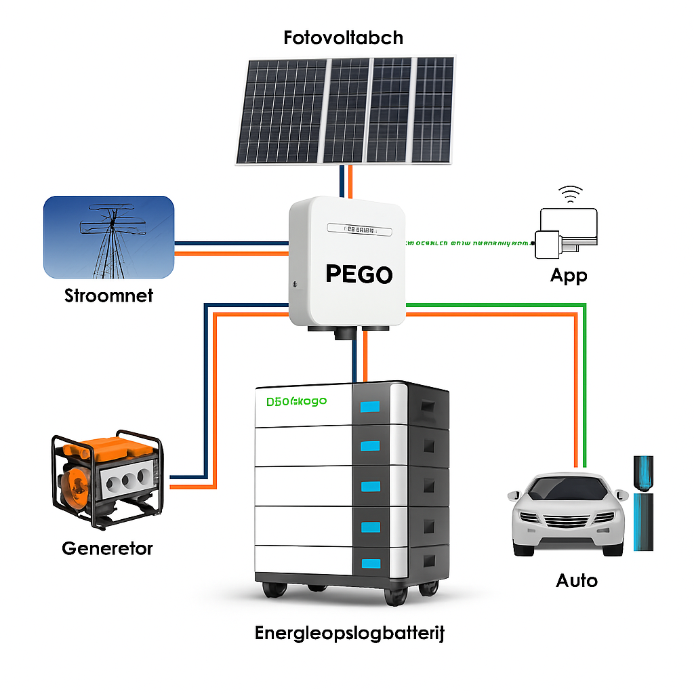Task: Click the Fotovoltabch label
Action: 343,37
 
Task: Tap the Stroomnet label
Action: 108,295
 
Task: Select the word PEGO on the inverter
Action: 359,274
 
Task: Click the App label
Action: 568,276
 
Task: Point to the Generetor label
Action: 107,548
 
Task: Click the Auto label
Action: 577,580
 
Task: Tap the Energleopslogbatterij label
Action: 350,634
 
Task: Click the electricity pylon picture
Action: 109,237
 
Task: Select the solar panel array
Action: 345,110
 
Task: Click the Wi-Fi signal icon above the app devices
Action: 570,194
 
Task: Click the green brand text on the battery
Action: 296,401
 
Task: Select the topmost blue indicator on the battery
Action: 369,407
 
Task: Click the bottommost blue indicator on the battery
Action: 370,563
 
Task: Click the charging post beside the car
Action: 642,502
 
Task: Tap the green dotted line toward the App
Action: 468,242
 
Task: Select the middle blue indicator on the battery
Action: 370,486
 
